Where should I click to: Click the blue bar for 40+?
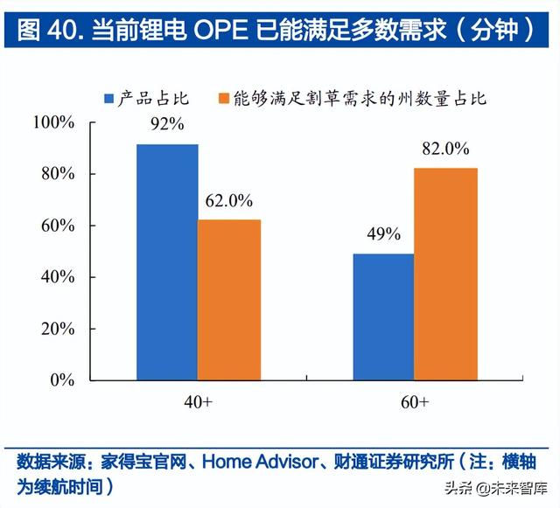coord(167,261)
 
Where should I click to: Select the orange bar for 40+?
coord(229,300)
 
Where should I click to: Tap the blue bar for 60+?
coord(382,317)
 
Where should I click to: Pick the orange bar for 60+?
coord(445,274)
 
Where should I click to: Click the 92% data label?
coord(167,124)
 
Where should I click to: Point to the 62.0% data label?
coord(229,200)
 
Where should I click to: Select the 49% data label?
coord(382,234)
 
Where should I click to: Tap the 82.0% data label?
coord(445,149)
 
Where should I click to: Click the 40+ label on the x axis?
coord(199,402)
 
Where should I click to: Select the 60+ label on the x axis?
coord(414,402)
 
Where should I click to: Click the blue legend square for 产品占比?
coord(110,98)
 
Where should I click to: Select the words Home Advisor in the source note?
coord(253,462)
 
